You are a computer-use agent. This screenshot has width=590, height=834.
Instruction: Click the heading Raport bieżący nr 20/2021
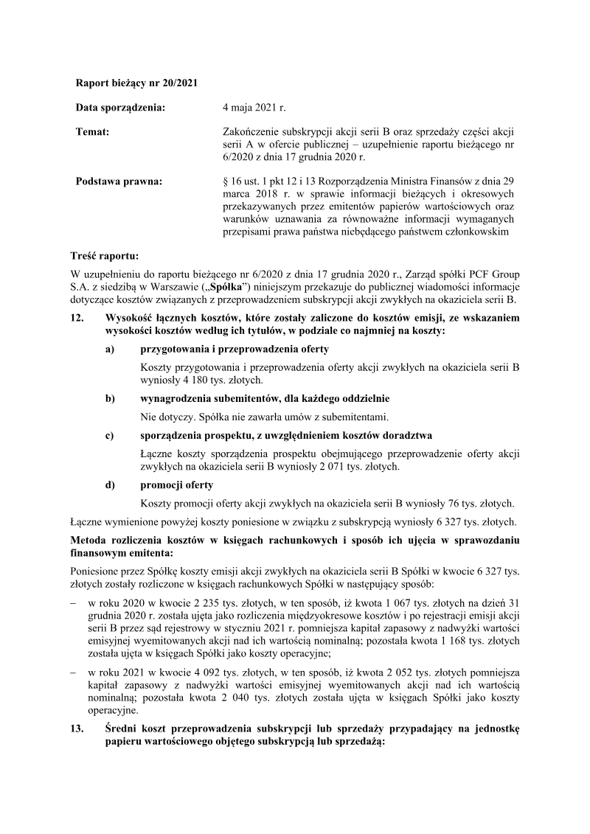[x=136, y=83]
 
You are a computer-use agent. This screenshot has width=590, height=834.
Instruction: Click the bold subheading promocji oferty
[x=176, y=484]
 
